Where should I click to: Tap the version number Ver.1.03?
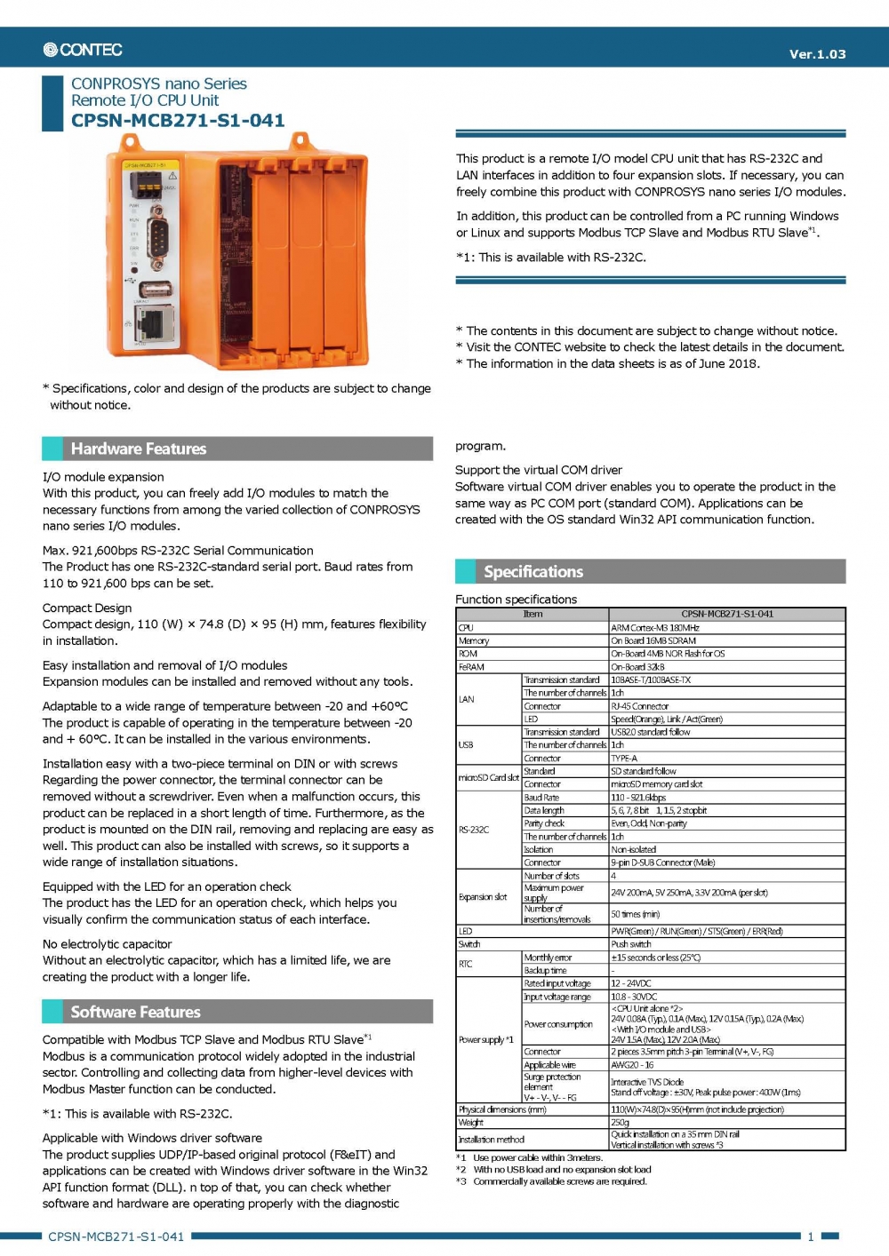click(x=817, y=54)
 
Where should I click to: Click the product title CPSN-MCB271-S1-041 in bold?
click(x=178, y=121)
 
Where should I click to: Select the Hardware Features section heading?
click(x=139, y=449)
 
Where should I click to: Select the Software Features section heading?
click(x=135, y=1012)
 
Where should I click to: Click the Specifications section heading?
click(x=533, y=571)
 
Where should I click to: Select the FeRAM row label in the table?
click(x=471, y=667)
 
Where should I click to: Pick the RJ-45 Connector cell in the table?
click(x=640, y=706)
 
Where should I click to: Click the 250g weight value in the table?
click(x=621, y=1122)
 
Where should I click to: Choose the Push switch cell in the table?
click(x=632, y=944)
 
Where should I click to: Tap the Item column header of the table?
click(x=533, y=614)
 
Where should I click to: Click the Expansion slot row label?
click(x=483, y=897)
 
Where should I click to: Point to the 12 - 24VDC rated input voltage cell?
click(x=631, y=983)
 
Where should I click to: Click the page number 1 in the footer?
click(x=810, y=1236)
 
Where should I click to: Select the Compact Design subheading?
click(x=87, y=608)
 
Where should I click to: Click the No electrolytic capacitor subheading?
click(x=108, y=944)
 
